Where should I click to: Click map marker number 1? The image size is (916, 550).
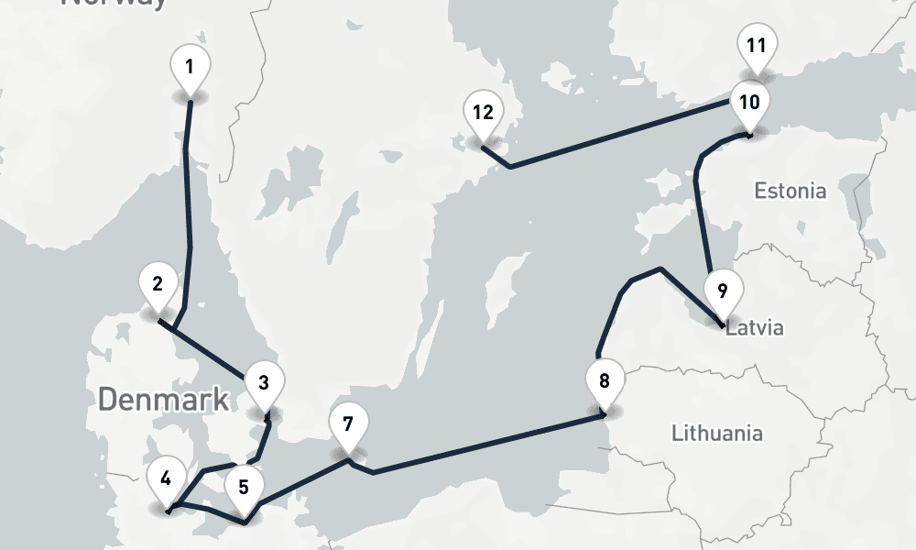(x=190, y=67)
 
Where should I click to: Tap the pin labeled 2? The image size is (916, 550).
(x=158, y=283)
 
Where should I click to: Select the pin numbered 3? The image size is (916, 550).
(x=264, y=382)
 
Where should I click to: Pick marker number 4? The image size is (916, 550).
(x=165, y=478)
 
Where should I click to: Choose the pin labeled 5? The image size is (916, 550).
(x=244, y=487)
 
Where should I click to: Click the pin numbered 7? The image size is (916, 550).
(x=347, y=424)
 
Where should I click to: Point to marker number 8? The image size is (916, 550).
(x=604, y=380)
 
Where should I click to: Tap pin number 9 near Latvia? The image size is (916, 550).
(x=722, y=291)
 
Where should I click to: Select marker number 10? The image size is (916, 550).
(x=749, y=102)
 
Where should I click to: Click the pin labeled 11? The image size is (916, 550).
(x=756, y=45)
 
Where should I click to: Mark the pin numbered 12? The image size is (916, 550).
(x=483, y=113)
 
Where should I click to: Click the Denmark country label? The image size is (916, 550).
(x=163, y=400)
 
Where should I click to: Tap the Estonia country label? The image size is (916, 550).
(x=790, y=192)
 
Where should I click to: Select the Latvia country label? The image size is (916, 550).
(x=755, y=327)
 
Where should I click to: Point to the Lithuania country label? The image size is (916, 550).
(x=716, y=433)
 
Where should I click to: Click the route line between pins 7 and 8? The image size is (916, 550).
(x=485, y=445)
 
